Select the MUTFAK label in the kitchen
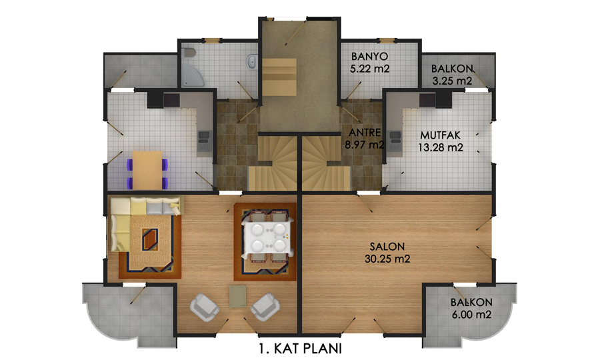441,135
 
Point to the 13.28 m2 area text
441,147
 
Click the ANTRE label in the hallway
365,133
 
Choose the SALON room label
387,247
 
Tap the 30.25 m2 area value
387,259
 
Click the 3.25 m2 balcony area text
452,81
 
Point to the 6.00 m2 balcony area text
471,315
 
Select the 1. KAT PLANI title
300,349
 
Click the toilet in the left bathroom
189,53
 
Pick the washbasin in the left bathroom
251,61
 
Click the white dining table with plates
267,237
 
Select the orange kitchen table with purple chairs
147,170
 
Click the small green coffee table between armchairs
237,296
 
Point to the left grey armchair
205,307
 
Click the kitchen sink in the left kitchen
203,141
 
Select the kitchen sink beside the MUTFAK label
395,141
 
